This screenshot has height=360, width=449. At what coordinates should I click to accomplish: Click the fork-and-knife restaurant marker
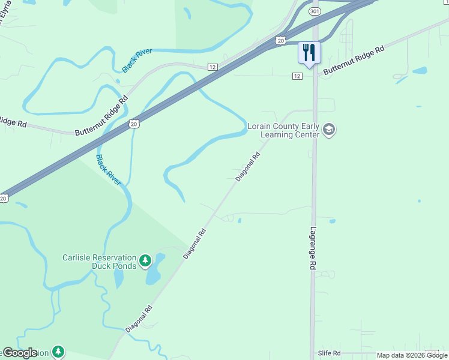click(309, 52)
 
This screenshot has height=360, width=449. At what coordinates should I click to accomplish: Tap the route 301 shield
click(315, 11)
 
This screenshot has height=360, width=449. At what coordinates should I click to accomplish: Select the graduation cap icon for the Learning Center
click(328, 130)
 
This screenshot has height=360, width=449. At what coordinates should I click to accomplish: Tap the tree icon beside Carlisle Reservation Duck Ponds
click(145, 260)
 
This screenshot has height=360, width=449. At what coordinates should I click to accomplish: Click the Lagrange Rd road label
click(313, 247)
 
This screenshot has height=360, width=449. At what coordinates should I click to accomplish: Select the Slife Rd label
click(329, 353)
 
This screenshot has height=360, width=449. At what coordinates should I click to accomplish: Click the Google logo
click(19, 353)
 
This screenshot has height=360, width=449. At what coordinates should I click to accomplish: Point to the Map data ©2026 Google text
click(412, 355)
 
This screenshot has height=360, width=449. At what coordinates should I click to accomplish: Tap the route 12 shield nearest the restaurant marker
click(297, 76)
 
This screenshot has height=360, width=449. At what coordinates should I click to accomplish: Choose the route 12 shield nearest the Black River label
click(212, 67)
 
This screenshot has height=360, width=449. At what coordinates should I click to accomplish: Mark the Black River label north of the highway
click(137, 61)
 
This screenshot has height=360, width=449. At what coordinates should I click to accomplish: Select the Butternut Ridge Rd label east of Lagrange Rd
click(353, 62)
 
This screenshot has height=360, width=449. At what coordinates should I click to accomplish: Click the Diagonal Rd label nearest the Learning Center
click(248, 167)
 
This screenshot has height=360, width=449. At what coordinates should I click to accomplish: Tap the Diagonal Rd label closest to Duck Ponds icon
click(195, 244)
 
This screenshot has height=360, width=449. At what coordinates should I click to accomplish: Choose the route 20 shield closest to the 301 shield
click(281, 40)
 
